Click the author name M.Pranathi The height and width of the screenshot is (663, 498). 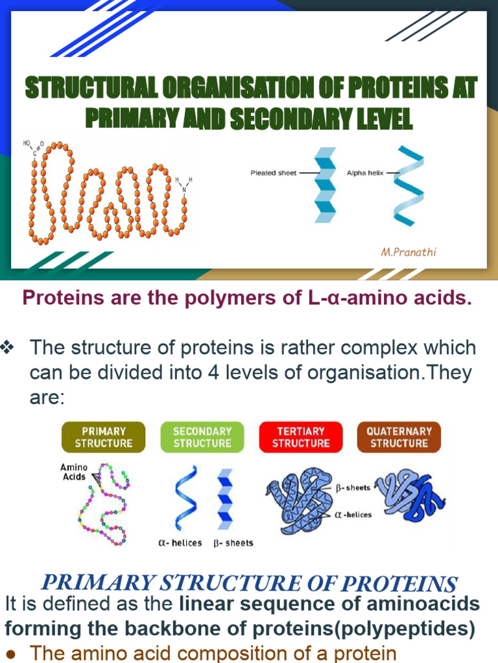[x=408, y=252]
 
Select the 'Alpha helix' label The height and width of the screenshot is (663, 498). [x=365, y=173]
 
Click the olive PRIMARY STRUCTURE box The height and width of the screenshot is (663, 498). [x=104, y=437]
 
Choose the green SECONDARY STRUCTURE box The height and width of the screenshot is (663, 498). [x=202, y=437]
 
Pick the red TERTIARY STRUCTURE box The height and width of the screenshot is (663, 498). [x=301, y=437]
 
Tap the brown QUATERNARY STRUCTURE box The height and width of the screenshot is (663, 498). [x=399, y=437]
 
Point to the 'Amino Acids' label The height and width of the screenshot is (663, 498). [x=74, y=472]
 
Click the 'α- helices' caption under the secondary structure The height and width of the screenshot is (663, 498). [x=180, y=543]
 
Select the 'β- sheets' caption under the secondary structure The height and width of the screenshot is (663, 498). [x=233, y=543]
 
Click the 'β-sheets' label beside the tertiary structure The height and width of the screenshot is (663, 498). [x=353, y=488]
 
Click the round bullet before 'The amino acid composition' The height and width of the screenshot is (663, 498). [x=12, y=653]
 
